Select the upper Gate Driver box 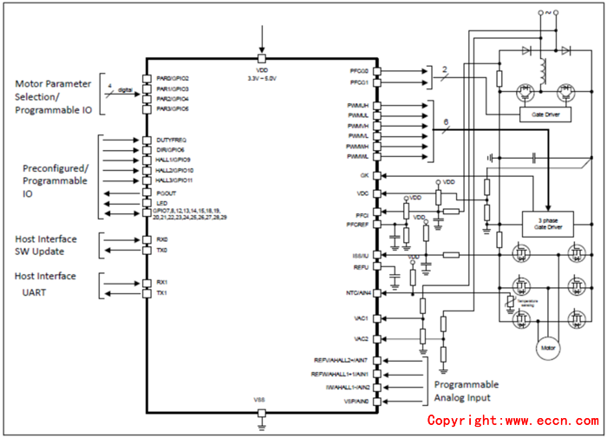click(x=545, y=114)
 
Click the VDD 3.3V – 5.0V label click(x=261, y=74)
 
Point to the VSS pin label click(x=261, y=398)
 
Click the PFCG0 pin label click(x=359, y=71)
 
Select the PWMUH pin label click(x=359, y=105)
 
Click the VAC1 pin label click(x=362, y=318)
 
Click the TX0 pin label click(x=161, y=250)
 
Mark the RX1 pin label click(x=161, y=282)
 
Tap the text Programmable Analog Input click(x=467, y=392)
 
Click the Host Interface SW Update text click(x=45, y=245)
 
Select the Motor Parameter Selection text click(x=53, y=90)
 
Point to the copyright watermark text click(x=512, y=421)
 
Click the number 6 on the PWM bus click(x=445, y=123)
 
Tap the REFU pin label click(x=362, y=268)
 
